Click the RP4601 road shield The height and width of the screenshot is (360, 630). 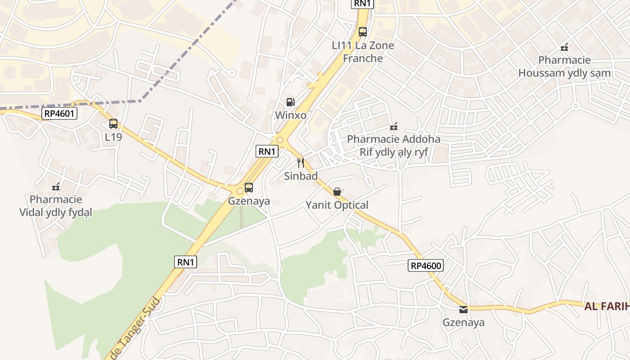(59, 113)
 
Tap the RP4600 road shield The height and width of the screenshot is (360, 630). (426, 265)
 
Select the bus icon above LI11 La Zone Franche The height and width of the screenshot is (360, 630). (363, 32)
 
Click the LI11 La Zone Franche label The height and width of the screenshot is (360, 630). (363, 52)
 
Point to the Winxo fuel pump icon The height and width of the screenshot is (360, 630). (291, 102)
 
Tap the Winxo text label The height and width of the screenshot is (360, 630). (291, 115)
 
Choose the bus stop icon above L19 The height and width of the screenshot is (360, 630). (113, 124)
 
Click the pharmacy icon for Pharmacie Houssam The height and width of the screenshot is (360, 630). (564, 47)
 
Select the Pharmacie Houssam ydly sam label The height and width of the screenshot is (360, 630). (564, 67)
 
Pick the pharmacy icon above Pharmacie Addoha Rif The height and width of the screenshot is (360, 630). (394, 126)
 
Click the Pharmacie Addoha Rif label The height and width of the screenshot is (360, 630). (394, 145)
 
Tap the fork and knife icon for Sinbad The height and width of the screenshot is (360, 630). (301, 163)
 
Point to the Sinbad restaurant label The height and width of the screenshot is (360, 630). (301, 176)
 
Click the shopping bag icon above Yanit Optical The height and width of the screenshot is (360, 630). (337, 192)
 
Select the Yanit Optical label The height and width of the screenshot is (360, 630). (337, 205)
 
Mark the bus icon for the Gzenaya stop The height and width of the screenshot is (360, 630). (249, 188)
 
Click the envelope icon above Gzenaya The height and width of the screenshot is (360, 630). (463, 310)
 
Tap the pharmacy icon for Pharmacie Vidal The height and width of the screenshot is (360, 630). (56, 187)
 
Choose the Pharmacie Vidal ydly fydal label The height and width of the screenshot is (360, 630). (56, 206)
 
